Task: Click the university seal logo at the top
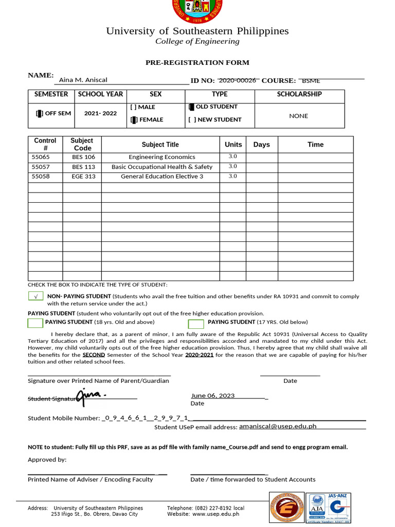pos(197,10)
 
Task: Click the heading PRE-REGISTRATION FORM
pos(197,62)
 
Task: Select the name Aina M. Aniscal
pos(83,80)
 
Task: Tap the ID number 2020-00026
pos(238,80)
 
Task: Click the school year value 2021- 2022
pos(100,113)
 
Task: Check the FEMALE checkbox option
pos(134,120)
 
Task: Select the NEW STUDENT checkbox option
pos(192,120)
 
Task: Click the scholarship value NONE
pos(298,116)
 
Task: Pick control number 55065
pos(41,157)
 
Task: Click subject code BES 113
pos(83,167)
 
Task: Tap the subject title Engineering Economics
pos(162,157)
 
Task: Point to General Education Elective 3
pos(162,177)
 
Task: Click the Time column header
pos(315,145)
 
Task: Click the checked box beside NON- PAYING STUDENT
pos(35,296)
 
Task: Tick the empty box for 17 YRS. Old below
pos(195,324)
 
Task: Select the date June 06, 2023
pos(213,396)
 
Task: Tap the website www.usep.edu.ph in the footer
pos(216,514)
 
